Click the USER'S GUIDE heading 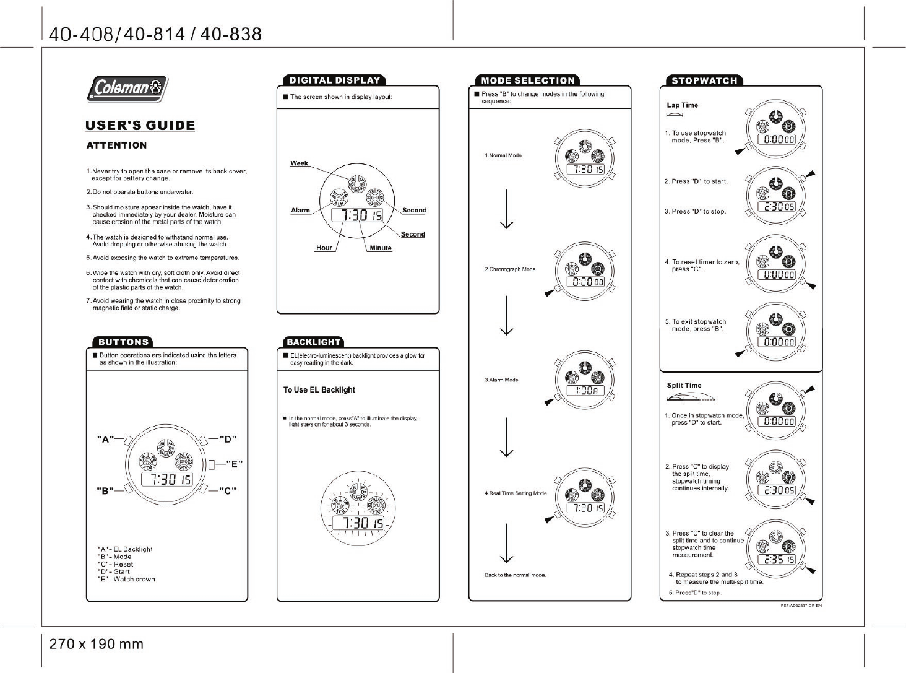(x=140, y=126)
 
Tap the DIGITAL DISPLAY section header (x=335, y=80)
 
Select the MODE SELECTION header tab (x=528, y=80)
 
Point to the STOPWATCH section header (x=704, y=80)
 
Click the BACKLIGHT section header (x=313, y=342)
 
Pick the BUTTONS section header (x=123, y=342)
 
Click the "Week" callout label (x=299, y=163)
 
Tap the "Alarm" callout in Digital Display (x=300, y=211)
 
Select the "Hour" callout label (x=324, y=248)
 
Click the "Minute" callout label (x=381, y=248)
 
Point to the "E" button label (x=234, y=463)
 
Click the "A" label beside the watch (x=105, y=440)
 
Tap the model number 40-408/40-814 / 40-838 (x=155, y=34)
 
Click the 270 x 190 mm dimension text (x=96, y=645)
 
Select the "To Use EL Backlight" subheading (x=319, y=390)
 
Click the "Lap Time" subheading (x=682, y=105)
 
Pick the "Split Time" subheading (x=684, y=386)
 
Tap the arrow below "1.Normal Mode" (x=507, y=209)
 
